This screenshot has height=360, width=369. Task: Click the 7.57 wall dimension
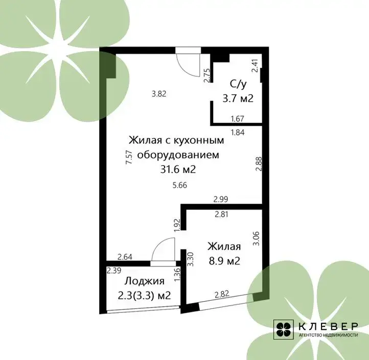[x=129, y=157]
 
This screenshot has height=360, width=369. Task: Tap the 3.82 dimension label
[x=159, y=94]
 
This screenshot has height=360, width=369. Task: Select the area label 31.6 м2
[x=178, y=169]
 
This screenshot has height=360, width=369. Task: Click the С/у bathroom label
[x=238, y=84]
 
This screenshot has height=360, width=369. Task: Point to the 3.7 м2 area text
[x=238, y=98]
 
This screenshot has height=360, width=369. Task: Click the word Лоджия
[x=144, y=281]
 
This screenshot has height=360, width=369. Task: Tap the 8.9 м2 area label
[x=224, y=261]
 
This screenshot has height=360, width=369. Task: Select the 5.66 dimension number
[x=180, y=185]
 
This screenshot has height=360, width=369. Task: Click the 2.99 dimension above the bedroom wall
[x=221, y=199]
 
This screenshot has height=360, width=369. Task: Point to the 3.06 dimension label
[x=256, y=238]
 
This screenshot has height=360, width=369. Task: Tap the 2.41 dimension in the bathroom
[x=255, y=65]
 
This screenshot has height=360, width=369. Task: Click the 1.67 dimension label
[x=237, y=119]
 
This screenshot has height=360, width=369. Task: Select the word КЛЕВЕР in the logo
[x=328, y=326]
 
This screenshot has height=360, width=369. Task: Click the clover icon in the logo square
[x=283, y=329]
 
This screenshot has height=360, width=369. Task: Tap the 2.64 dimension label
[x=125, y=257]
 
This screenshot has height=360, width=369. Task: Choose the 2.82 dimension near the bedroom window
[x=222, y=295]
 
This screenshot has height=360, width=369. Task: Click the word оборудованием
[x=178, y=155]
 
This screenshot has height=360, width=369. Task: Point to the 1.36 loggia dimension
[x=177, y=275]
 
